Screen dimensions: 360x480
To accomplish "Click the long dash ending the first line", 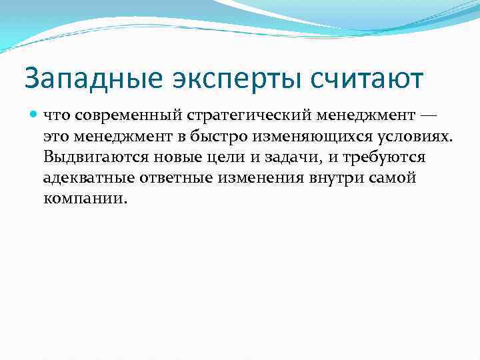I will [427, 116].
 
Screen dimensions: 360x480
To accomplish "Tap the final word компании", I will [84, 199].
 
